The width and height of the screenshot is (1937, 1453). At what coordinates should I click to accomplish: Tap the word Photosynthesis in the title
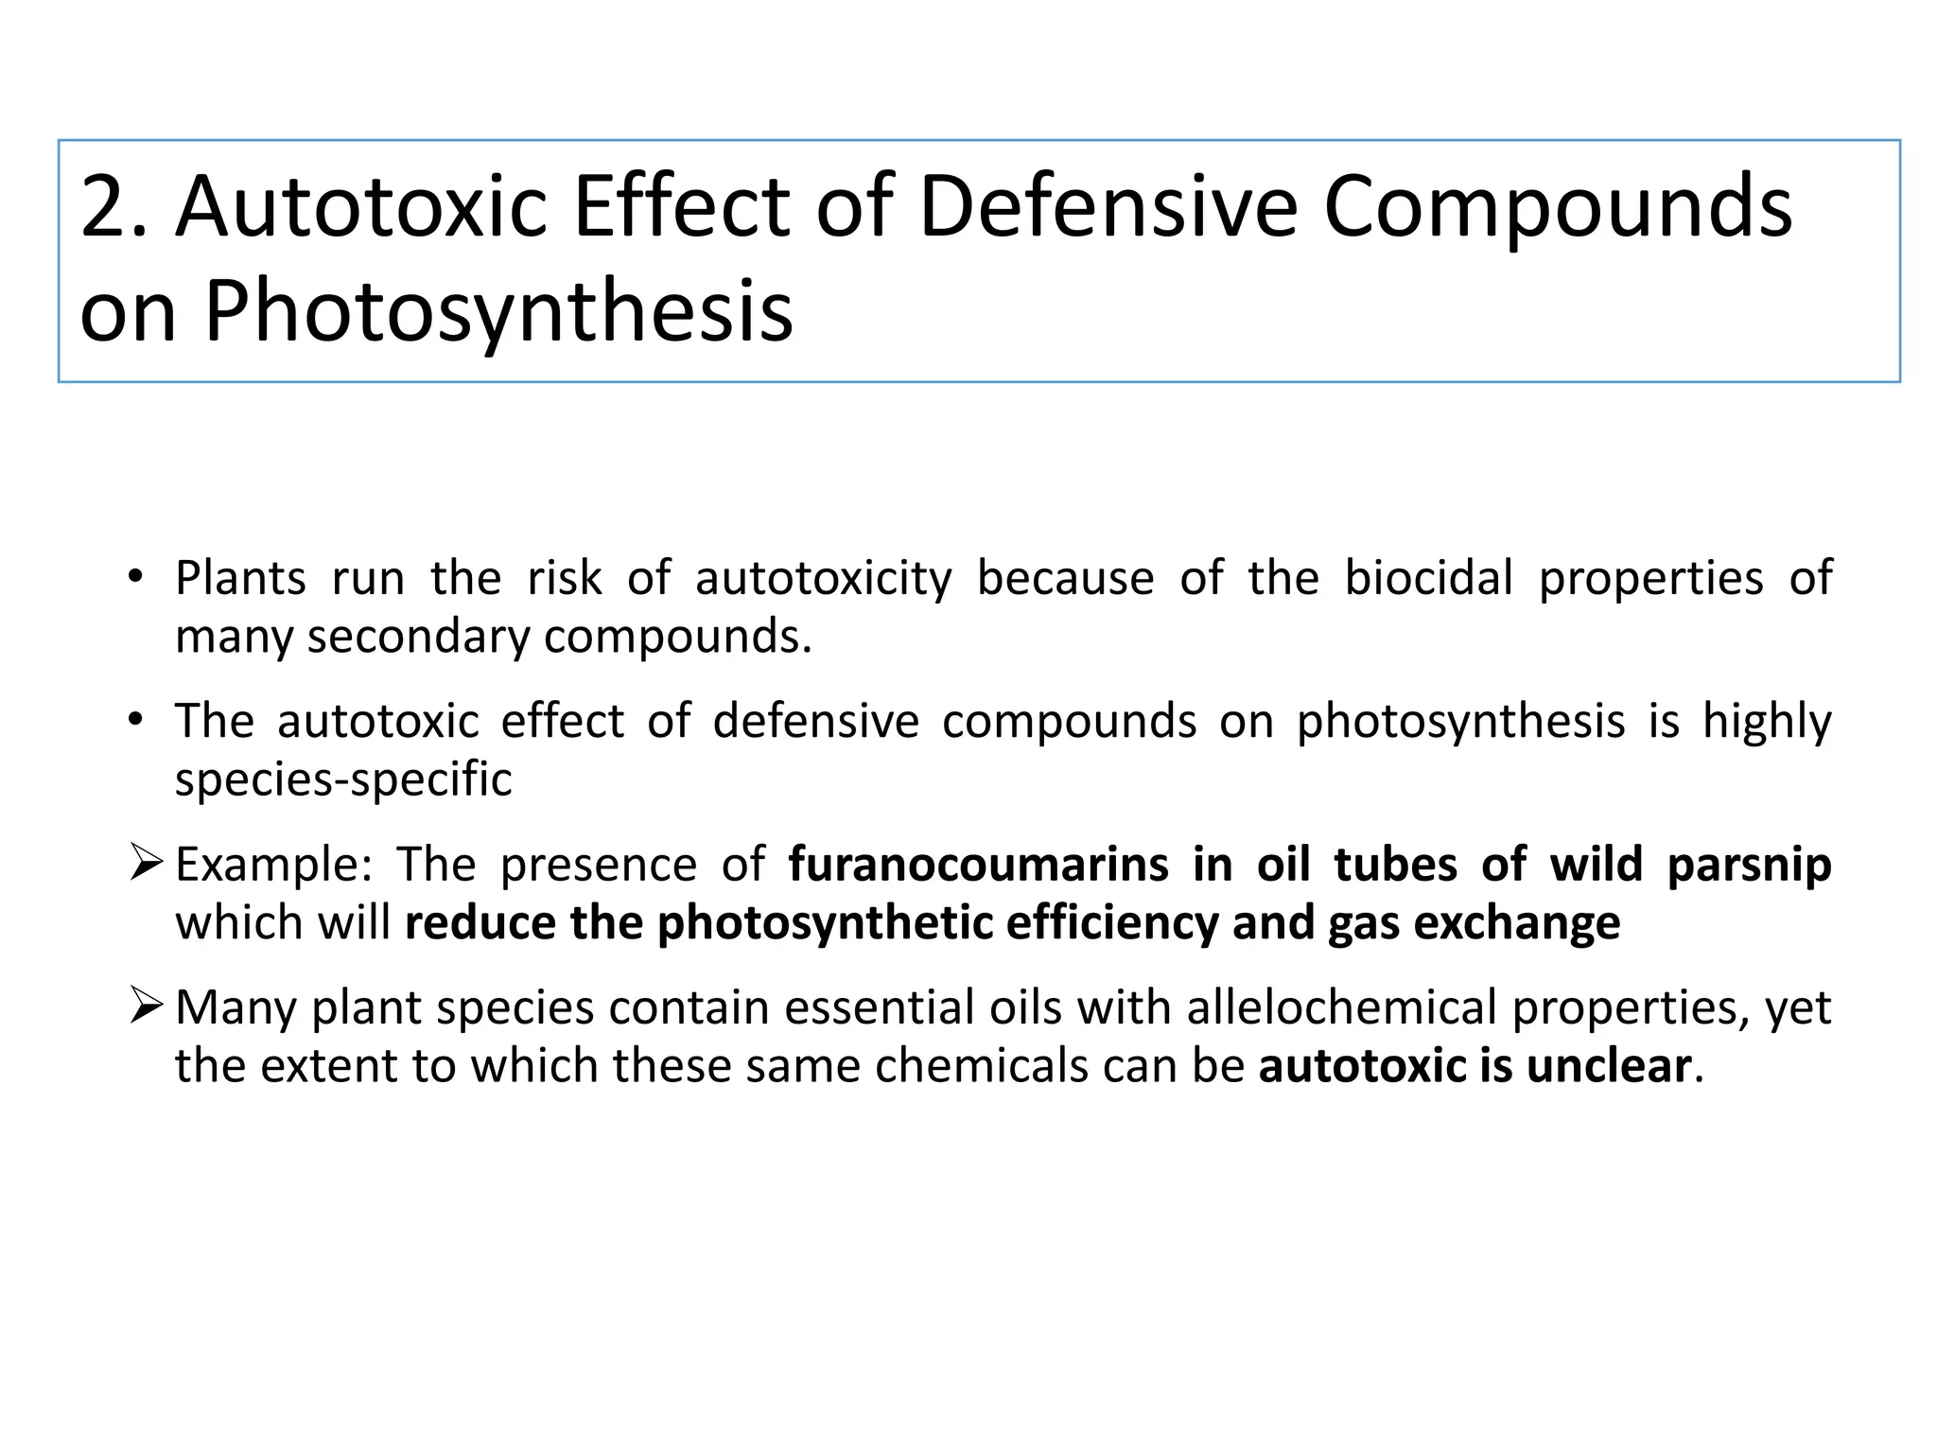(x=497, y=312)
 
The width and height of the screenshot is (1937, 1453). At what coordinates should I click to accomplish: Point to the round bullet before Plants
(x=135, y=576)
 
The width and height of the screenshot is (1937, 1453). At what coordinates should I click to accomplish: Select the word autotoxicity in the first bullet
(x=823, y=580)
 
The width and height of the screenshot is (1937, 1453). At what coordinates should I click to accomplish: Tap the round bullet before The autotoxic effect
(x=135, y=720)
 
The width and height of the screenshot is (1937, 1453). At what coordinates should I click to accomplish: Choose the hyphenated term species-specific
(x=343, y=780)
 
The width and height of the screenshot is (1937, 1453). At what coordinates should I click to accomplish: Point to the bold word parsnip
(x=1749, y=867)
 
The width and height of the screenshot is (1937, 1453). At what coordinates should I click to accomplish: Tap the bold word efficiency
(x=1111, y=923)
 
